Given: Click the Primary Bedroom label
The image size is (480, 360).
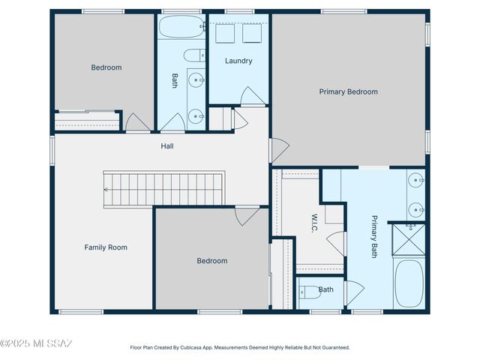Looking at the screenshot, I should coord(348,91).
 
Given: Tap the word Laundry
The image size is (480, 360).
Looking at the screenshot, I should coord(238,61).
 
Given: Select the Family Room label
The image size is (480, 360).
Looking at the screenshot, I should coord(105,247).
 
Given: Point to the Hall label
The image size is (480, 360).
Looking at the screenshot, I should coord(167,146).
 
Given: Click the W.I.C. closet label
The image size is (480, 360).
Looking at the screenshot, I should coord(315,223).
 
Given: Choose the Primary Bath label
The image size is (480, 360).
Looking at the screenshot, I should coord(374,237).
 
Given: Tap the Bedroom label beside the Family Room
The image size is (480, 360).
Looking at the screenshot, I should coord(211,261).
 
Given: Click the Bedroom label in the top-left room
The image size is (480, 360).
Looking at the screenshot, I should coord(106,67).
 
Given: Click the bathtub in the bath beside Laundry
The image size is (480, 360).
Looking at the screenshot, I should coord(181,28).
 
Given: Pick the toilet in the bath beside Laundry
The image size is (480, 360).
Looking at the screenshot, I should coord(193,55).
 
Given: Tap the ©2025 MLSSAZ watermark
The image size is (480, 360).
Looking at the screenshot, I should coord(36,343).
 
